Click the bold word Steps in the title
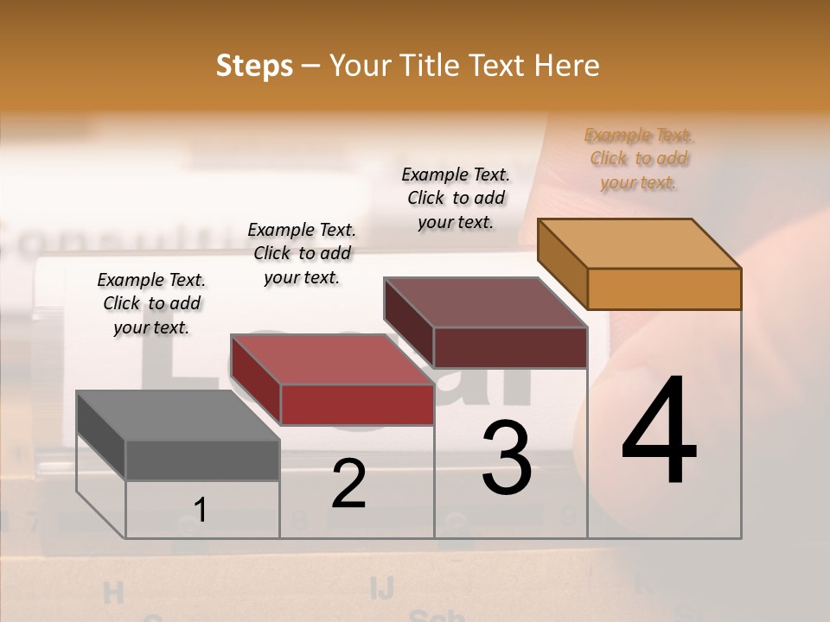click(x=254, y=66)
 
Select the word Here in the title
click(x=567, y=66)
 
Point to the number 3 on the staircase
click(x=507, y=457)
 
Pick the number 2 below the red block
click(x=348, y=484)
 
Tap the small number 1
click(x=201, y=510)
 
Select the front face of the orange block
click(x=664, y=289)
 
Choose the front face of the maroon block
click(x=510, y=347)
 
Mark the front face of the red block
click(x=357, y=404)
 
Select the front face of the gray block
click(x=202, y=460)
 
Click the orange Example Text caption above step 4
click(x=639, y=159)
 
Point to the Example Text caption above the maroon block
click(x=456, y=198)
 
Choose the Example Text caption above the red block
click(x=302, y=253)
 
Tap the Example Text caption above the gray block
click(x=151, y=303)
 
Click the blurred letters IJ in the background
click(x=381, y=588)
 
